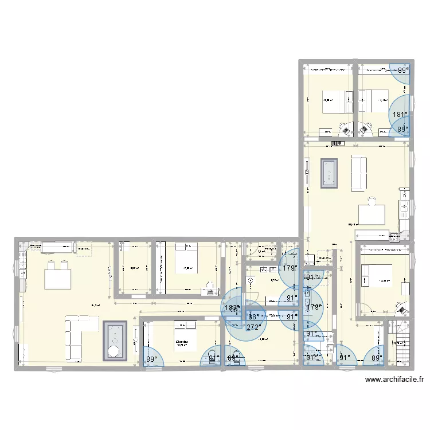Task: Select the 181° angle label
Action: tap(400, 114)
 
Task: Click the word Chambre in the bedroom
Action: tap(182, 341)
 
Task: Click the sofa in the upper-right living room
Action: tap(358, 173)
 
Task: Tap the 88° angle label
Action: tap(253, 316)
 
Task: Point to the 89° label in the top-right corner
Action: tap(404, 70)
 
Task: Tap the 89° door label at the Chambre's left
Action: tap(151, 359)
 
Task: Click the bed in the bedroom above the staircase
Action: tap(376, 275)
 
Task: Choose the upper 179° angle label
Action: tap(289, 267)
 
